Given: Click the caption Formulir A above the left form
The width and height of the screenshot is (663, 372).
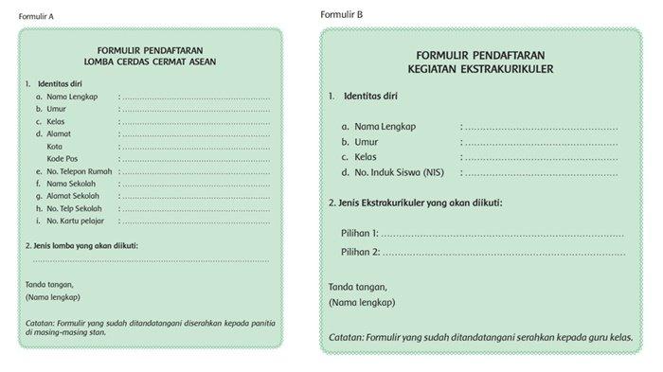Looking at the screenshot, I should point(37,17).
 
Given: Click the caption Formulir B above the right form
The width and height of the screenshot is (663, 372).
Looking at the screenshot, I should point(341,14).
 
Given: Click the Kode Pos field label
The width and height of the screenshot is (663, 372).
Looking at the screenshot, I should point(63,158).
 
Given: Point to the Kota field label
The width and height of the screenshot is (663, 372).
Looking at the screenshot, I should point(54,146).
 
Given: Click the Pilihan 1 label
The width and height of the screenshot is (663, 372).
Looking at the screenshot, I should point(360,233).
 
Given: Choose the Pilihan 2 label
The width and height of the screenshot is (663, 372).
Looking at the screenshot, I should point(360,252).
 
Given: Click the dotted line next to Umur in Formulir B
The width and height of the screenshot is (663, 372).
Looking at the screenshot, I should point(540,142).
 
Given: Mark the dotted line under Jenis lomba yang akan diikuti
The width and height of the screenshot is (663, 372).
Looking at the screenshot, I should point(152,258).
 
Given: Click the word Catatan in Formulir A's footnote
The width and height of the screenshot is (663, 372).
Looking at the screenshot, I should point(42,323).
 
